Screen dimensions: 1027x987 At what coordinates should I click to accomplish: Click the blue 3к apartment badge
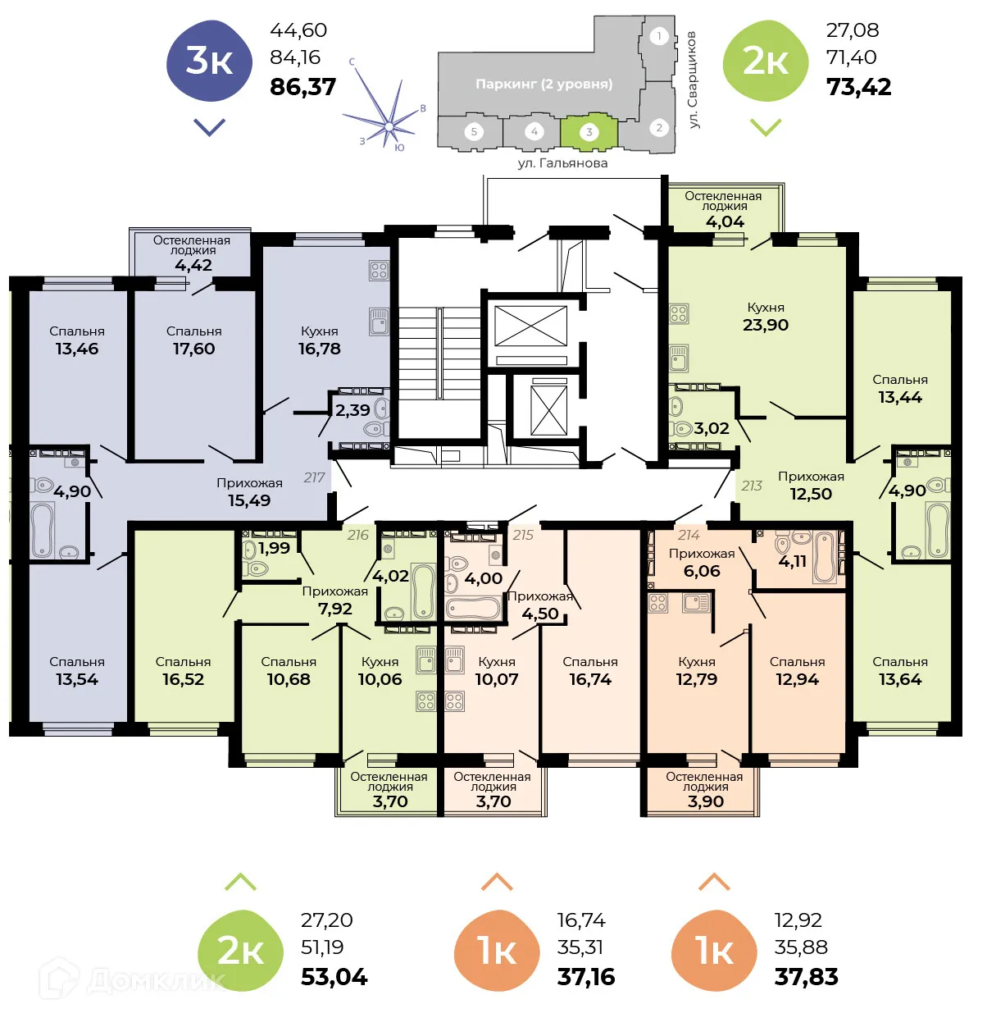[x=209, y=62]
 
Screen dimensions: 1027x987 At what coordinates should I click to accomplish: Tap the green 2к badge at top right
[x=765, y=62]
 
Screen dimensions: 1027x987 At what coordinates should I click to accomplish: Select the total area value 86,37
[x=302, y=87]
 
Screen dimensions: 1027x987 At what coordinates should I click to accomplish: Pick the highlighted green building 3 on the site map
[x=588, y=132]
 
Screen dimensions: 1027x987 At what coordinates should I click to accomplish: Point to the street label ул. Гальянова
[x=562, y=163]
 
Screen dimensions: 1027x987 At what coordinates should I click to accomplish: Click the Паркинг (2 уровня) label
[x=544, y=84]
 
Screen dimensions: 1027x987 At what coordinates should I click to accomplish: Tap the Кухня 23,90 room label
[x=766, y=317]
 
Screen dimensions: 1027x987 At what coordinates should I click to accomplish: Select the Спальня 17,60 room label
[x=193, y=340]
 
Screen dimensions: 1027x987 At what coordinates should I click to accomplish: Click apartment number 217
[x=314, y=477]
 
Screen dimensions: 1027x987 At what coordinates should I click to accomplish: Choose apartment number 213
[x=752, y=486]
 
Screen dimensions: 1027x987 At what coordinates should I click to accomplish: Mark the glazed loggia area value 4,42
[x=193, y=265]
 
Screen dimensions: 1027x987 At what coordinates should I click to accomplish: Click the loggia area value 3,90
[x=705, y=801]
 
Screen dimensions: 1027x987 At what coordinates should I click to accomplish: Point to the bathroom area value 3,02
[x=711, y=428]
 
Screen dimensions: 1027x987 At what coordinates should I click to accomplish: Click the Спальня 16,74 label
[x=590, y=671]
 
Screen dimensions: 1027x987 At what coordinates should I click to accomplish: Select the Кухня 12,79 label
[x=697, y=671]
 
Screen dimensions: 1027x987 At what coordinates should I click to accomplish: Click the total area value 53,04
[x=334, y=977]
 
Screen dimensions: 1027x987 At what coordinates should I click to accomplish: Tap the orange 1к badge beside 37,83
[x=714, y=951]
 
